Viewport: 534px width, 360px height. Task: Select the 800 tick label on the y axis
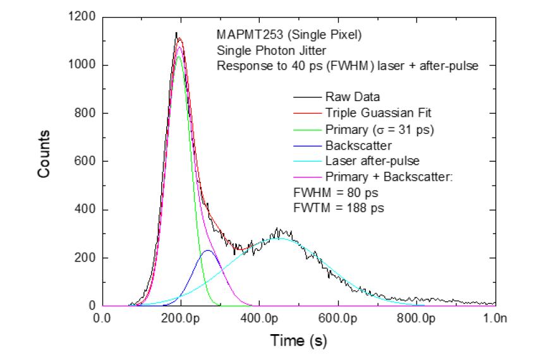[84, 113]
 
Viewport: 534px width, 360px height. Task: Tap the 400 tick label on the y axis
[84, 210]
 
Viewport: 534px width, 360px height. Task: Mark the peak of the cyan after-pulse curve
[280, 239]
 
